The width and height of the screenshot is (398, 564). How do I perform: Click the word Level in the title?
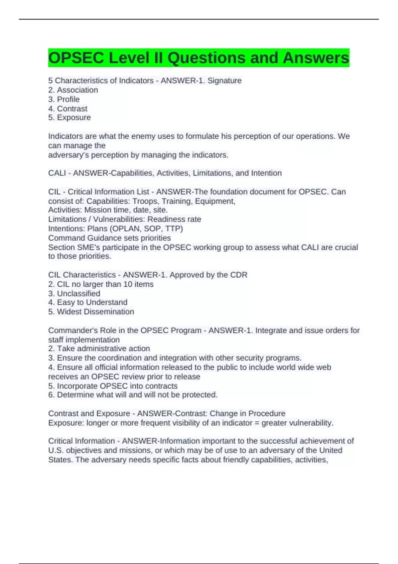[x=129, y=58]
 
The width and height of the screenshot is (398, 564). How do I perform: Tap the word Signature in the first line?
[x=224, y=81]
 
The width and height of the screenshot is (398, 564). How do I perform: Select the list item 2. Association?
[x=73, y=90]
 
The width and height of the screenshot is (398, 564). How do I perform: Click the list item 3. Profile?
[x=64, y=99]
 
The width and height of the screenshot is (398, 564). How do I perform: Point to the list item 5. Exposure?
[x=69, y=117]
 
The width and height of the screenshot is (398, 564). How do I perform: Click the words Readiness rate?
[x=174, y=219]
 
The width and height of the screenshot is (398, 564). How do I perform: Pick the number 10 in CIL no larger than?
[x=128, y=284]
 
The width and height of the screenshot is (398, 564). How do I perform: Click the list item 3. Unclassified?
[x=74, y=294]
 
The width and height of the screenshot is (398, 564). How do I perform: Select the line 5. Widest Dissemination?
[x=91, y=312]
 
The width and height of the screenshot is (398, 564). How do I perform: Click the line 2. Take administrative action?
[x=99, y=349]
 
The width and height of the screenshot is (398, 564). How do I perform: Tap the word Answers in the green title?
[x=315, y=58]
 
